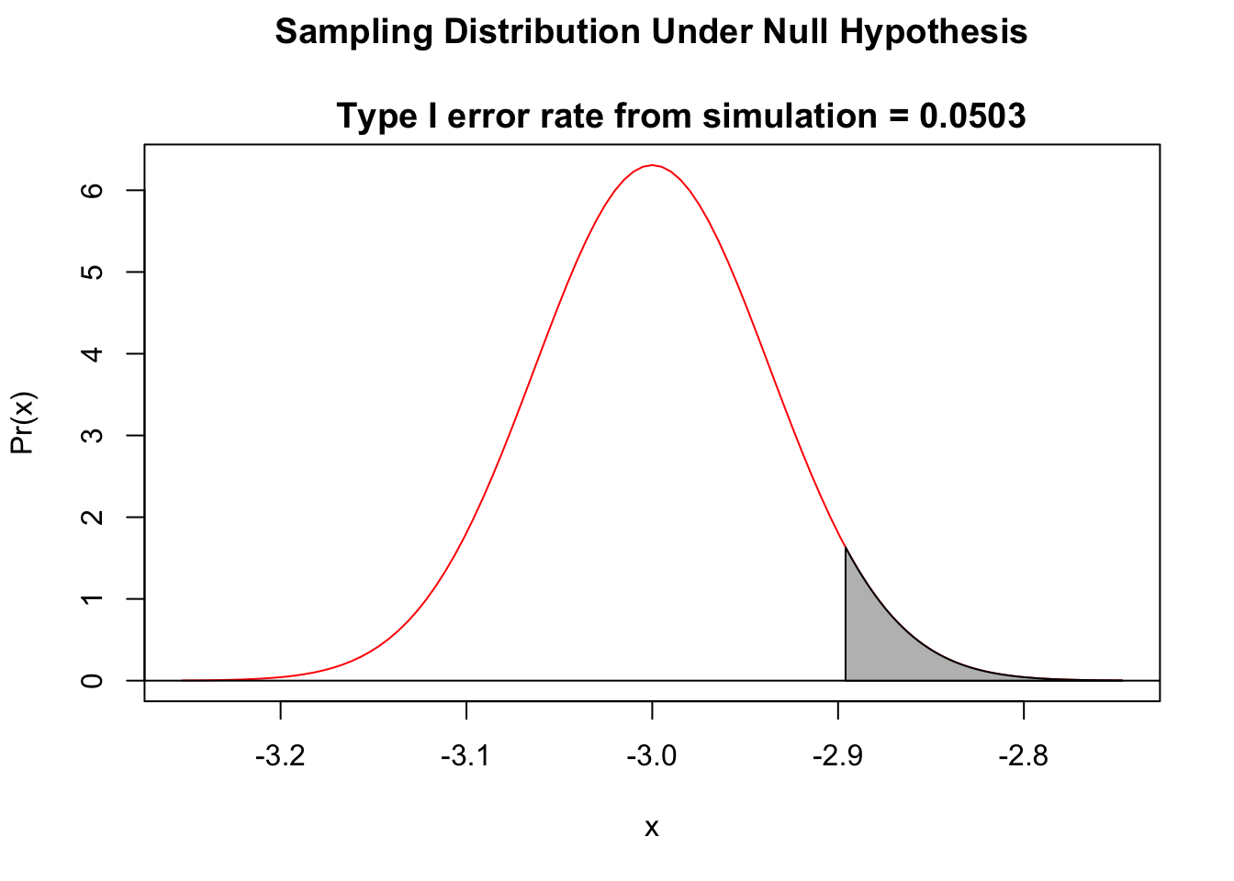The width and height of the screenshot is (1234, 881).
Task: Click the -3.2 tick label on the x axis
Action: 280,757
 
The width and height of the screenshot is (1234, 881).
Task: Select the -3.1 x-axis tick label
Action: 466,757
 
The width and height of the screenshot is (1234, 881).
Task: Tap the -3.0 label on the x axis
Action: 652,757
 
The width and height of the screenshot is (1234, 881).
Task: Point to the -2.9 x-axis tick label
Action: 837,757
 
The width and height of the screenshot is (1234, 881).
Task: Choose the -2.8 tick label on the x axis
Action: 1023,757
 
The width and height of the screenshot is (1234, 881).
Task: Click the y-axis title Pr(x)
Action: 22,423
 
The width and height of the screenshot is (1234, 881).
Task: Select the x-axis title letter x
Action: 652,828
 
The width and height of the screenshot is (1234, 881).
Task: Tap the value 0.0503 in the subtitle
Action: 972,117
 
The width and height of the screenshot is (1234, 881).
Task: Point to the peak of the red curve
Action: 652,165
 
